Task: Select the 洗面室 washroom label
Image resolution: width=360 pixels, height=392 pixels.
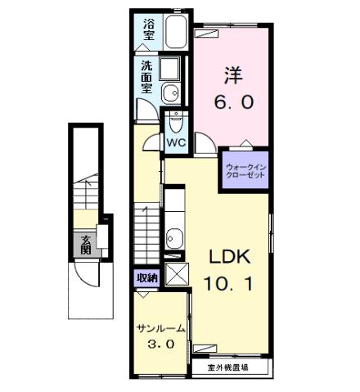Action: point(146,75)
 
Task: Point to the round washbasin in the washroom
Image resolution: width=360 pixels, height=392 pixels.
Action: point(171,91)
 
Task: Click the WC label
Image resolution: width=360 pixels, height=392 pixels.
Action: point(176,142)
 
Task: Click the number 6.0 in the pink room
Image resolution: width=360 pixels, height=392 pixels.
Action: point(235,103)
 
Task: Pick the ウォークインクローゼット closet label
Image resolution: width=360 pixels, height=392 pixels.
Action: point(246,173)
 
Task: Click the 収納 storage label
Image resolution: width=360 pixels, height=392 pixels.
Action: point(146,277)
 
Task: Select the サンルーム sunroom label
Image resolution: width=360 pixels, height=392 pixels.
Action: point(160,329)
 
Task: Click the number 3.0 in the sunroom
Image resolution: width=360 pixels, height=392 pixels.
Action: point(160,345)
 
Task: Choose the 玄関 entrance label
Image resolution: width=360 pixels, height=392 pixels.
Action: point(86,245)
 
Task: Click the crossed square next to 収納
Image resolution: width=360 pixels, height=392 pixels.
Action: point(175,274)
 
